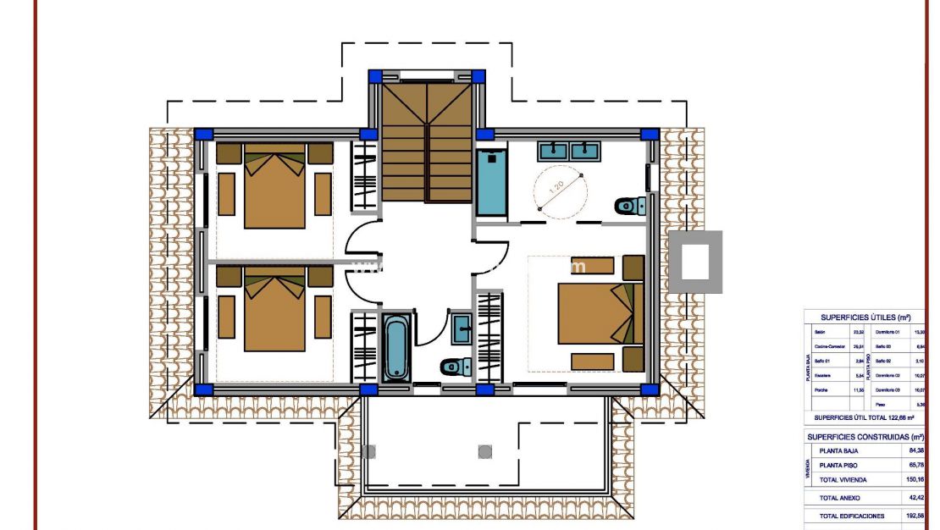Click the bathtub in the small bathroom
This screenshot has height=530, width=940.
point(395,347)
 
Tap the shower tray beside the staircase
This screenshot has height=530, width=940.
point(490,182)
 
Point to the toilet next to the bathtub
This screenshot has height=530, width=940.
point(456,367)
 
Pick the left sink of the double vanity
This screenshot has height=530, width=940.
point(553,151)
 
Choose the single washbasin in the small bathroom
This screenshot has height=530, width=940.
point(462,328)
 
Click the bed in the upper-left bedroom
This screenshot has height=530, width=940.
point(274,186)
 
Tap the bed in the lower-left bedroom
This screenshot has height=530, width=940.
point(274,309)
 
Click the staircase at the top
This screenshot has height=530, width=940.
point(426,140)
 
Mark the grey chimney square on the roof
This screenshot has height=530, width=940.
point(695,262)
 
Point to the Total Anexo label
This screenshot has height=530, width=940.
point(839,498)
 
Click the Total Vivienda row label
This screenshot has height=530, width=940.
point(842,479)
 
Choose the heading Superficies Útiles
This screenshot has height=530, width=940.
point(865,317)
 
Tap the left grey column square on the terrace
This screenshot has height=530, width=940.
point(368,451)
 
